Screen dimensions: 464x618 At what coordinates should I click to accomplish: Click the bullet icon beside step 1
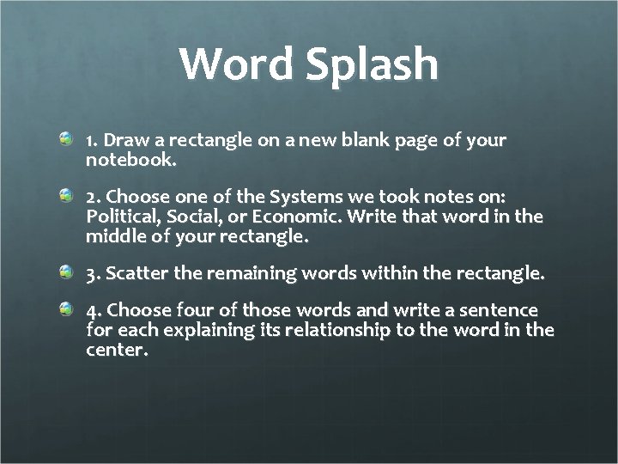point(67,138)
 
